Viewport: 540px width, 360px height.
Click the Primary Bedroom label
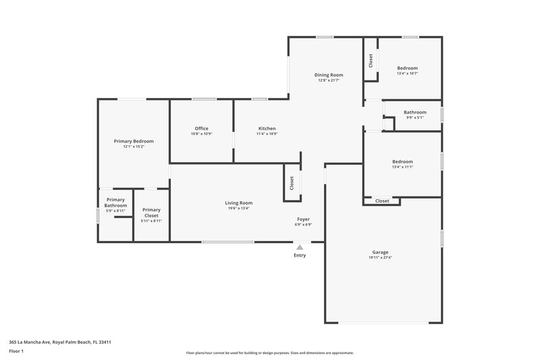click(x=134, y=141)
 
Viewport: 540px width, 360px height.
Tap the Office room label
click(x=201, y=128)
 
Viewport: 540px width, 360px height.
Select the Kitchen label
click(x=267, y=128)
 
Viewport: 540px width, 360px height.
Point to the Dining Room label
click(x=329, y=75)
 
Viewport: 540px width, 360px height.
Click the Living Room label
click(x=238, y=203)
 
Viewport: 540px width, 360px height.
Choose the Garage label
click(x=380, y=252)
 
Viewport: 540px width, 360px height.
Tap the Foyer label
click(x=304, y=220)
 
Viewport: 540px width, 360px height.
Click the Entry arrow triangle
click(x=300, y=248)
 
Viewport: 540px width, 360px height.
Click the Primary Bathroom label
click(x=115, y=203)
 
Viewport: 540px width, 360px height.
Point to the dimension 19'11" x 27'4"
click(x=380, y=258)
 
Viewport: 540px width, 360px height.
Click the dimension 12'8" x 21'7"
click(x=329, y=80)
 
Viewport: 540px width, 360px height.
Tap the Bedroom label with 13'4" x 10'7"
click(x=407, y=68)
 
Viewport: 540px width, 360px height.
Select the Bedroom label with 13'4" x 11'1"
click(x=402, y=161)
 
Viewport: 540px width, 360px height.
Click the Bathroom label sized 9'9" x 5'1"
click(x=414, y=112)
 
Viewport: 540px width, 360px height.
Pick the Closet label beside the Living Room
click(x=292, y=183)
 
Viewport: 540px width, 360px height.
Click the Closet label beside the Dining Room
click(x=371, y=61)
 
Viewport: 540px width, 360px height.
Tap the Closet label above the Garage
click(x=382, y=201)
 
